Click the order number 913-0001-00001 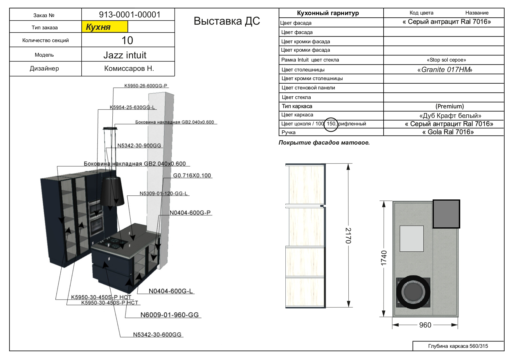point(130,15)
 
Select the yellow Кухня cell point(105,27)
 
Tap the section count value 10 point(127,40)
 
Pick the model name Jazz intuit point(125,55)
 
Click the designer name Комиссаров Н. point(129,69)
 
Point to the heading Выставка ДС point(226,21)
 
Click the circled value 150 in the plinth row point(331,124)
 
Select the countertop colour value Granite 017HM point(445,70)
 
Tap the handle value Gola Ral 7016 point(448,132)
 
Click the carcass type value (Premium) point(449,106)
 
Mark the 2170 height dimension point(348,235)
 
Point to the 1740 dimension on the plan point(384,258)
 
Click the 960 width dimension point(425,325)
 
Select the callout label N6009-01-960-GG point(170,315)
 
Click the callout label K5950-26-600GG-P point(146,86)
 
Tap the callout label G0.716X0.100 point(192,176)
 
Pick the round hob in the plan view point(413,292)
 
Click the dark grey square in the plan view point(446,214)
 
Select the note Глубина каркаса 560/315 point(458,346)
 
